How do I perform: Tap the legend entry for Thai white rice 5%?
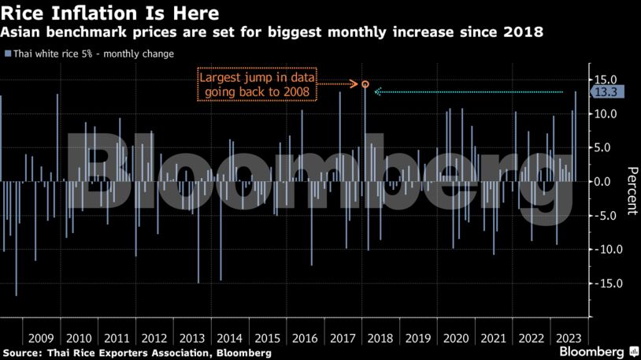click(90, 54)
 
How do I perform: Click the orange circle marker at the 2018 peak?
click(365, 84)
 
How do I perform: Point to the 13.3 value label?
click(606, 92)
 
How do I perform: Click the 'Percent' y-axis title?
click(631, 191)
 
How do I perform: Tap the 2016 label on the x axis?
click(304, 337)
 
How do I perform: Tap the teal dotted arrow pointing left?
click(469, 92)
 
